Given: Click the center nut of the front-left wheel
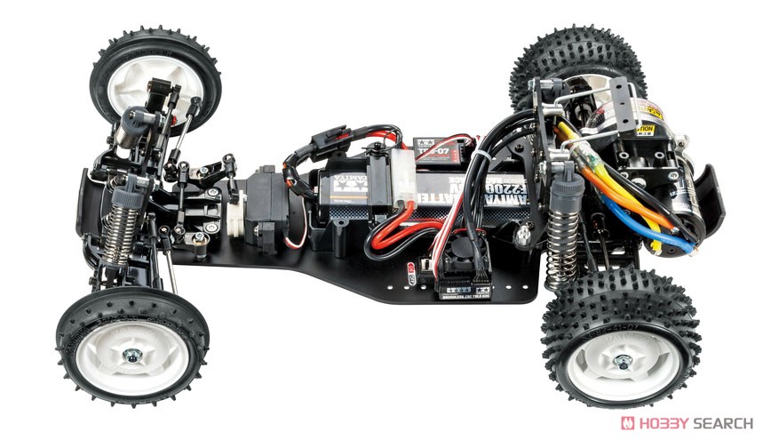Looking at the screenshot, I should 131,356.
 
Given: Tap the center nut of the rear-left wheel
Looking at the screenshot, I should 623,362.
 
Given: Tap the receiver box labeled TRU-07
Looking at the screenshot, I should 444,147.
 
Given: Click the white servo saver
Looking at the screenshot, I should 234,213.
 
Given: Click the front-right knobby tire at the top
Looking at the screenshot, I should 155,76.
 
